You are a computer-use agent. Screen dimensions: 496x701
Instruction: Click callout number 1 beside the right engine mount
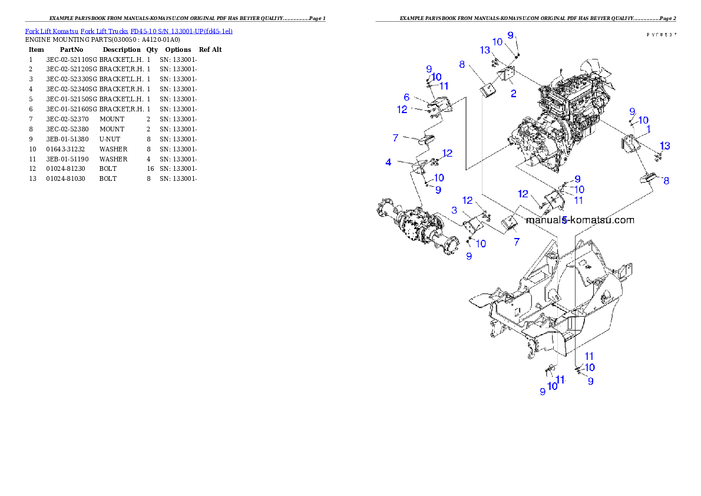pyautogui.click(x=649, y=128)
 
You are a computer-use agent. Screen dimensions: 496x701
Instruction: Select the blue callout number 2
pyautogui.click(x=514, y=93)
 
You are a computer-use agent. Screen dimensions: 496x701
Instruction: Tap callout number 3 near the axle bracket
pyautogui.click(x=455, y=210)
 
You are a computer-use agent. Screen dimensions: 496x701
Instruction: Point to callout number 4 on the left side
pyautogui.click(x=389, y=161)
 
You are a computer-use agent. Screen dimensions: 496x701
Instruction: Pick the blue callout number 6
pyautogui.click(x=406, y=97)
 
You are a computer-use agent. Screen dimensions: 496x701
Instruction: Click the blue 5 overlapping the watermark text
pyautogui.click(x=564, y=220)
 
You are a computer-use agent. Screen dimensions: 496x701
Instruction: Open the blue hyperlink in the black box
pyautogui.click(x=128, y=31)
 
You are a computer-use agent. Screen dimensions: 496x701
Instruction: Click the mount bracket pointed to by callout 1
pyautogui.click(x=630, y=145)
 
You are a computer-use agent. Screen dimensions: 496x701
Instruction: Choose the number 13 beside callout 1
pyautogui.click(x=664, y=146)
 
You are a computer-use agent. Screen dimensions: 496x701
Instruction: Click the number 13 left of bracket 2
pyautogui.click(x=485, y=51)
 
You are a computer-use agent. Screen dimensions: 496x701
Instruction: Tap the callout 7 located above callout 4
pyautogui.click(x=396, y=138)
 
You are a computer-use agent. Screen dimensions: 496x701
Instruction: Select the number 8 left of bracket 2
pyautogui.click(x=462, y=64)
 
